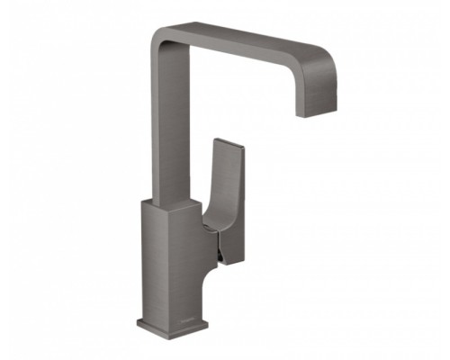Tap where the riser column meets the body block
pyautogui.click(x=157, y=200)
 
